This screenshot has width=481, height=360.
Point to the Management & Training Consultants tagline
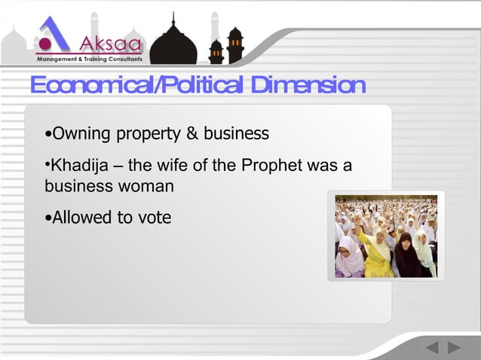(89, 58)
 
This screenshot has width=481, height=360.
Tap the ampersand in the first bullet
(191, 134)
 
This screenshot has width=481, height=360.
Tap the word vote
(154, 218)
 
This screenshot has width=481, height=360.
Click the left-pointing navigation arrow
(432, 348)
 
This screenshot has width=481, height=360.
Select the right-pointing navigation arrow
(454, 348)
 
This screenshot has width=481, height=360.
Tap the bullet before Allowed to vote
(48, 218)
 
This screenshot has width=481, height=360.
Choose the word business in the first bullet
(236, 134)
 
